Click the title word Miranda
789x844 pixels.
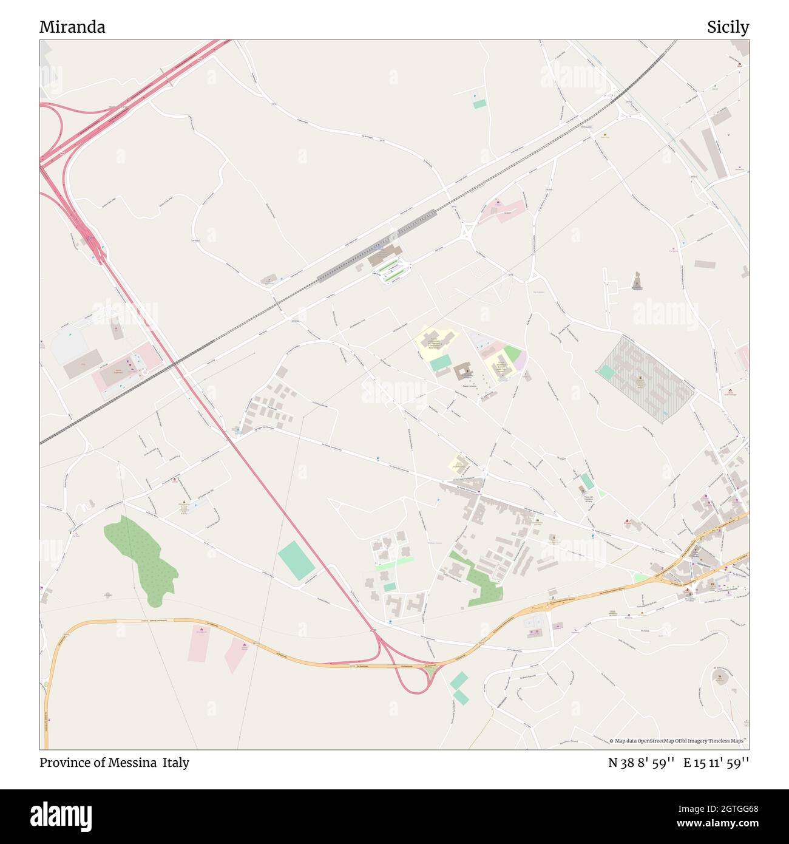coord(72,27)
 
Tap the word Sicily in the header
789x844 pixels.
coord(727,27)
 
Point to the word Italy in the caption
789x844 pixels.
coord(175,763)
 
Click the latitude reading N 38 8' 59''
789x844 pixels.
coord(642,763)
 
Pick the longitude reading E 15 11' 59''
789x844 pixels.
coord(716,763)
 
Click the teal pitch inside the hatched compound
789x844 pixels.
coord(606,372)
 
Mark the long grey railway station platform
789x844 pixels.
coord(376,246)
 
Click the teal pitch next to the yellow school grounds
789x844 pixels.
coord(441,362)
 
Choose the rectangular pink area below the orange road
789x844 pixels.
coord(199,644)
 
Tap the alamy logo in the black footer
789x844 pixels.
coord(61,815)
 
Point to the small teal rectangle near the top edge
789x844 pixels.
coord(479,104)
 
